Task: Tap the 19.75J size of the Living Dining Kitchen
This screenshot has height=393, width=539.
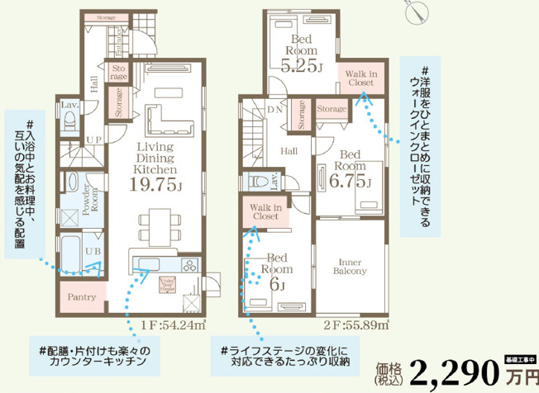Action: click(155, 186)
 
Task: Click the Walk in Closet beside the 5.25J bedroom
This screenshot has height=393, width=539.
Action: click(360, 78)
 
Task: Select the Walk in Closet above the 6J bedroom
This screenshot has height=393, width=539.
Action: click(267, 212)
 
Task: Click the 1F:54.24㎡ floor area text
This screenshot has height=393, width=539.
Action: click(174, 325)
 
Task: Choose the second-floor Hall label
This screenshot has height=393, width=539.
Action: click(289, 151)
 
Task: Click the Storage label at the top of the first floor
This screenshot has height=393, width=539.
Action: click(105, 17)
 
